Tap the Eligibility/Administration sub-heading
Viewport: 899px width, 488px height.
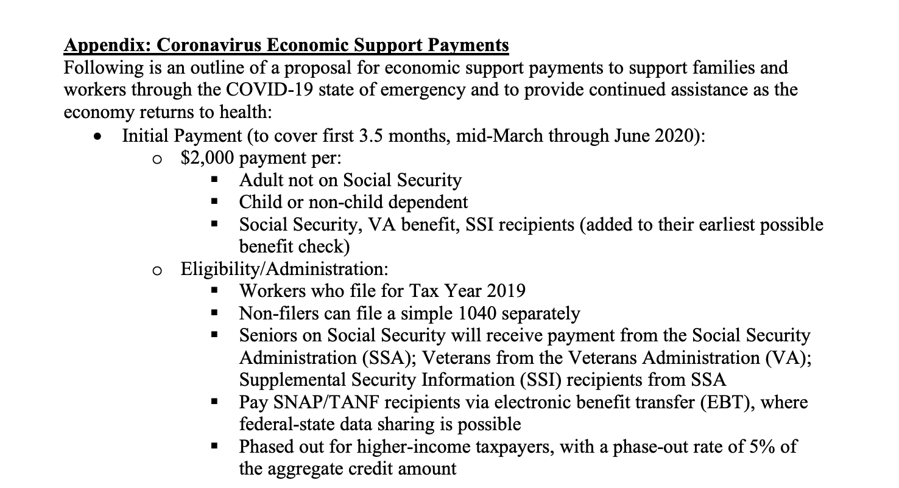pos(284,268)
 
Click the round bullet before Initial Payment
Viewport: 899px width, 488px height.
pos(96,136)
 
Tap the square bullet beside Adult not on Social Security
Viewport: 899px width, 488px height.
pos(213,180)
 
